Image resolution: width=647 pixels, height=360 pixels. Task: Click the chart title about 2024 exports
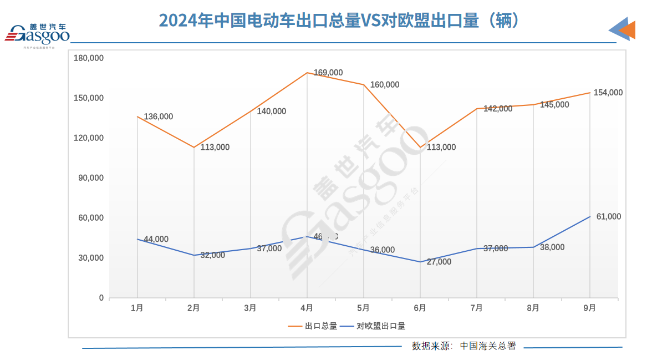339,21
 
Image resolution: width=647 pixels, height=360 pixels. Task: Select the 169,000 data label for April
328,73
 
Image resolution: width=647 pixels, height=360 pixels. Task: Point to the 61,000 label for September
609,216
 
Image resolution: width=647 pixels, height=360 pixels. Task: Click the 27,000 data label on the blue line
439,262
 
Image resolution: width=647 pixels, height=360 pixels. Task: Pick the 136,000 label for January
159,116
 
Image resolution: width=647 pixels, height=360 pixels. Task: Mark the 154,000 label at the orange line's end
608,93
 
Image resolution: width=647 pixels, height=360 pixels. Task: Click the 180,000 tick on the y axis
89,58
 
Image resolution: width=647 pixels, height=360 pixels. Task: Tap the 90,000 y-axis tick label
91,178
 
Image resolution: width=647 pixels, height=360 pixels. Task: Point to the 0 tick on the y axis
101,298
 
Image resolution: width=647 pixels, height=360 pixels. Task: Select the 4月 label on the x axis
307,308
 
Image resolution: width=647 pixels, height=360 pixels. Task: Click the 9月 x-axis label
589,308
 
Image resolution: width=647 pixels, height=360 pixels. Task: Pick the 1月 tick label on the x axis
137,308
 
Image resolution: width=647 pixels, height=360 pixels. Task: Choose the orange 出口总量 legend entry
313,326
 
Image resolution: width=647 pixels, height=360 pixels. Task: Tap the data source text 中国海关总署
488,346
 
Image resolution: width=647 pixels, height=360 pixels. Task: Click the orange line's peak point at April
307,73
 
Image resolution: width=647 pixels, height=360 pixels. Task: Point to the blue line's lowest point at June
420,262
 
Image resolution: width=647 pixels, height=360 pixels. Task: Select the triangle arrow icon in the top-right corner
623,29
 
